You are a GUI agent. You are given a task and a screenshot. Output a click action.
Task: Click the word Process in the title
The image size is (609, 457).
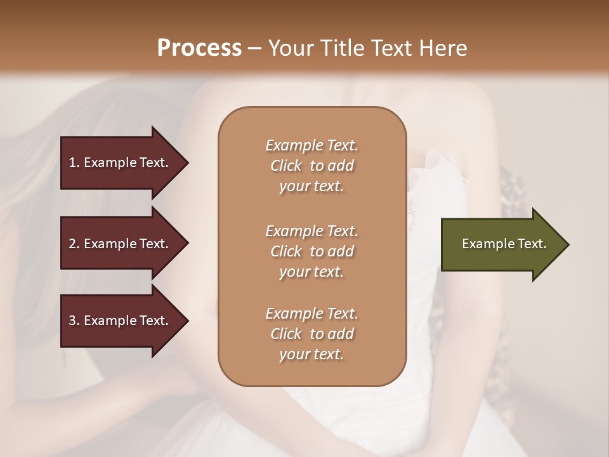coord(199,48)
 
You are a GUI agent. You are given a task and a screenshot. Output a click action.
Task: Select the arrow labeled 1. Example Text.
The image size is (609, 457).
coord(121,162)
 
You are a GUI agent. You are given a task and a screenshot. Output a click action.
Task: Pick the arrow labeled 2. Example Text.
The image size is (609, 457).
coord(121,244)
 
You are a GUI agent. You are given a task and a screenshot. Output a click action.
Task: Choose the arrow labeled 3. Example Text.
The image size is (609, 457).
coord(121,321)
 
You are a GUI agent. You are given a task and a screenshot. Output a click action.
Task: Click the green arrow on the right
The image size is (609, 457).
coord(501,244)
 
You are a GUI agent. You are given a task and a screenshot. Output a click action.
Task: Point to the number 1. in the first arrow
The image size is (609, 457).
coord(74,162)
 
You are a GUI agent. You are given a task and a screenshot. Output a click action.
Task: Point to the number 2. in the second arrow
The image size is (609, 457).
coord(74,244)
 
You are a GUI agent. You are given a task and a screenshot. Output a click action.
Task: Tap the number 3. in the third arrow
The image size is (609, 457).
coord(74,321)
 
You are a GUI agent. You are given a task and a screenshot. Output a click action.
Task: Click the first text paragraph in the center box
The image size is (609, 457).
coord(311,166)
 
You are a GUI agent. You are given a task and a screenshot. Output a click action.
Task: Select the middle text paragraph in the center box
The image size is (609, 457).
coord(311,251)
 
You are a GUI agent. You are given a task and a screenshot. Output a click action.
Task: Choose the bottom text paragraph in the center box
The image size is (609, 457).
coord(311,334)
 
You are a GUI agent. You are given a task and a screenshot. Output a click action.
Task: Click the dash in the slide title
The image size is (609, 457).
coord(255,49)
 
